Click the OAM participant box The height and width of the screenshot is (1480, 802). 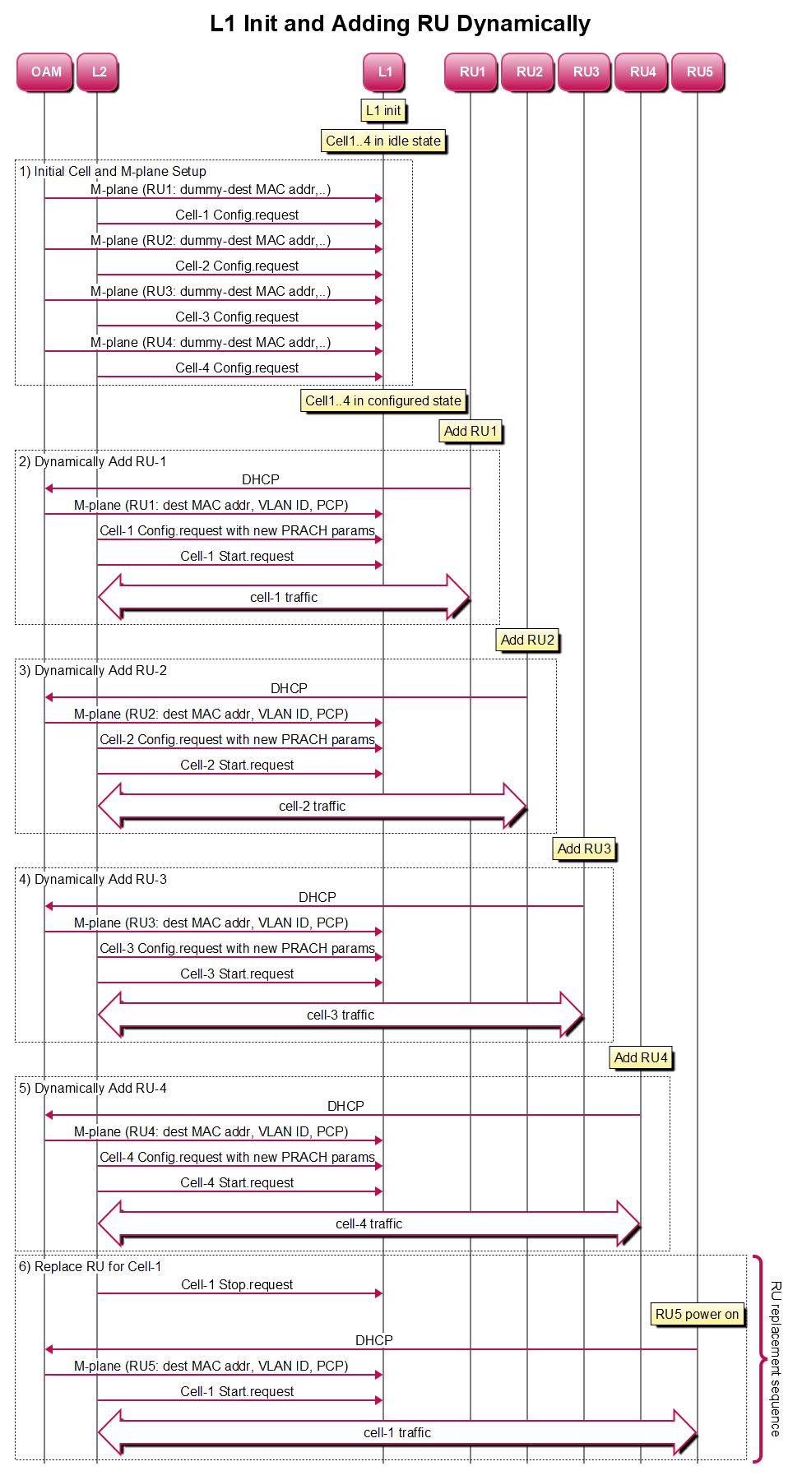pos(45,72)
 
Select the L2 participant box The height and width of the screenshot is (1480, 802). pos(98,72)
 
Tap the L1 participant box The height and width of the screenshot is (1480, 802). pos(384,72)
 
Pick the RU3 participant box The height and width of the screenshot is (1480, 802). pos(585,72)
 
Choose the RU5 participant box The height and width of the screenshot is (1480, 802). pos(698,72)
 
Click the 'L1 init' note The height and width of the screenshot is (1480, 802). pos(383,110)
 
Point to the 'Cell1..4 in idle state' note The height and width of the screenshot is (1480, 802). pos(383,141)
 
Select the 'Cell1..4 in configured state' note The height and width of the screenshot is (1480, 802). pos(383,400)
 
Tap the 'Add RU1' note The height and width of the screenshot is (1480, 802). pos(471,431)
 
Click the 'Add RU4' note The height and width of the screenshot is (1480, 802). pos(641,1057)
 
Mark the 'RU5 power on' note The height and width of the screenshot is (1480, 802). pos(697,1314)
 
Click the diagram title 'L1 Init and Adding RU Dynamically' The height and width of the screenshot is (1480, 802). pos(400,24)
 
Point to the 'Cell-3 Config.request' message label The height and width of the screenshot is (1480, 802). pos(237,317)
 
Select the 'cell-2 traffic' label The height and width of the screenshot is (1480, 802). pos(312,806)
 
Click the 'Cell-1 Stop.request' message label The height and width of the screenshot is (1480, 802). pos(237,1284)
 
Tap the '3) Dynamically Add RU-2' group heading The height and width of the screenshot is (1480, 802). pos(93,670)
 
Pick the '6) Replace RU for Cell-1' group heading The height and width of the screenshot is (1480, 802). pos(90,1266)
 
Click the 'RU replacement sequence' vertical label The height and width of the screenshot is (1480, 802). pos(776,1358)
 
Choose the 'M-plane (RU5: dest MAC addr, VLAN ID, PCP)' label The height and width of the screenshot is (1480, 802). pos(211,1366)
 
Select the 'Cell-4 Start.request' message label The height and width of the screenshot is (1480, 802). pos(237,1182)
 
